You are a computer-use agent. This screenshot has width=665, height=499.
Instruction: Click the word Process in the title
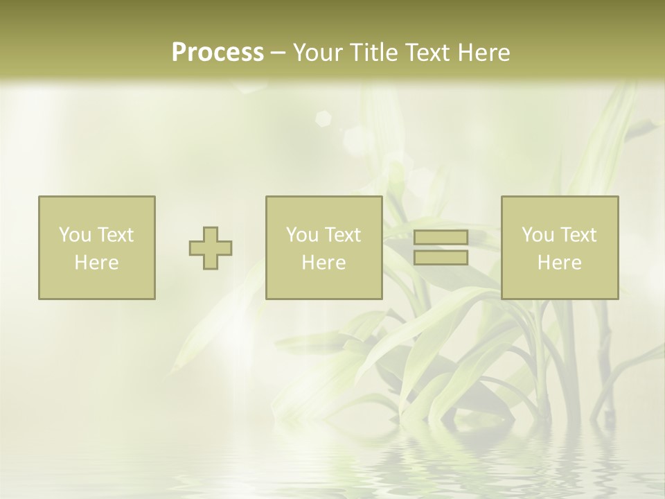[218, 53]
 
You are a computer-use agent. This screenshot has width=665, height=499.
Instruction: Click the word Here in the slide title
[486, 53]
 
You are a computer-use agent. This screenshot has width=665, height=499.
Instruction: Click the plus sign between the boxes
[211, 248]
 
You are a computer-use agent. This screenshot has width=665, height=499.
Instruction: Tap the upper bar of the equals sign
[441, 238]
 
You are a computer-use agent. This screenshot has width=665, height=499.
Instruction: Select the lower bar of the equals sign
[441, 258]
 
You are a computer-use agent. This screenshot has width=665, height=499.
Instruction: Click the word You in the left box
[74, 235]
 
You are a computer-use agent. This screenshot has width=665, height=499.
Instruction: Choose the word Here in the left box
[96, 263]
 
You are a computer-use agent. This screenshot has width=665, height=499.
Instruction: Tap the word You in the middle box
[302, 235]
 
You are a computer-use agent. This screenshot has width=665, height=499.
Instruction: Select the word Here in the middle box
[323, 263]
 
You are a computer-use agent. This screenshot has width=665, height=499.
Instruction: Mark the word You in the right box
[538, 235]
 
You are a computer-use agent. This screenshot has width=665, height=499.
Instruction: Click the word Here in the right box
[559, 263]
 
